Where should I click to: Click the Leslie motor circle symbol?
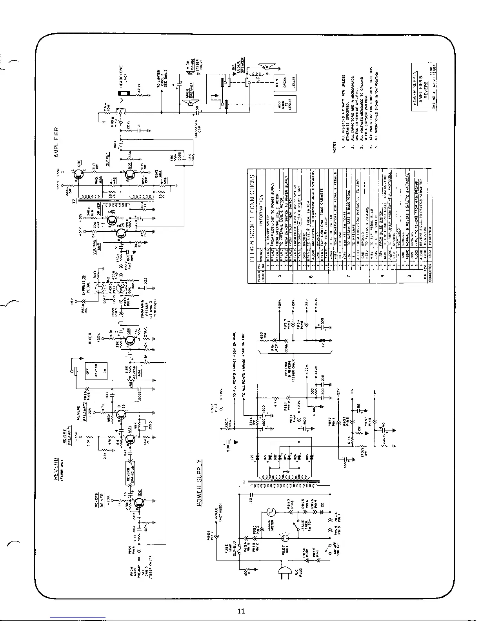pyautogui.click(x=270, y=511)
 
